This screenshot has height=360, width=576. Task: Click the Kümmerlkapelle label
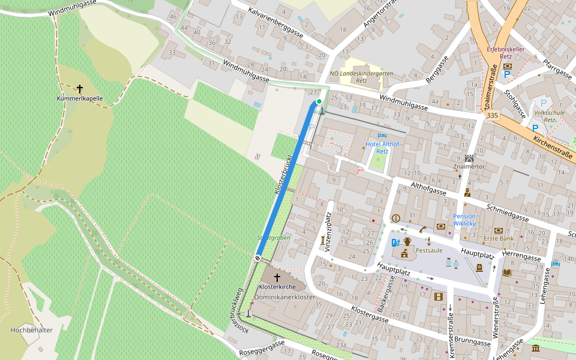tap(80, 98)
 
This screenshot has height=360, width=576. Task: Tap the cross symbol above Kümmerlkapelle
tap(80, 88)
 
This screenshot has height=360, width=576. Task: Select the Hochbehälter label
tap(32, 330)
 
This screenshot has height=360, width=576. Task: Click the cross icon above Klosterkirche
tap(277, 277)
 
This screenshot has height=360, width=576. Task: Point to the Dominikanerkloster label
tap(285, 297)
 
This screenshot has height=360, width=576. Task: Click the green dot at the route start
tap(319, 101)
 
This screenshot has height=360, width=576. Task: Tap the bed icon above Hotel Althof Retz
tap(382, 136)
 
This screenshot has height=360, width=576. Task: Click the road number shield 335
tap(493, 115)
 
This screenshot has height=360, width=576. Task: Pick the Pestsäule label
tap(429, 250)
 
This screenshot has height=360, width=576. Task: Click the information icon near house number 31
tap(395, 218)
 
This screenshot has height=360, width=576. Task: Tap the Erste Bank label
tap(499, 239)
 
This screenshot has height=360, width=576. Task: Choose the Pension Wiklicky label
tap(464, 220)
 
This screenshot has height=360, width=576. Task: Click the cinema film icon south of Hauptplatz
tap(439, 296)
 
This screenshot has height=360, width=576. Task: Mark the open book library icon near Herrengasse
tap(507, 272)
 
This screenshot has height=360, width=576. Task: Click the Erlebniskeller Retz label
tap(508, 52)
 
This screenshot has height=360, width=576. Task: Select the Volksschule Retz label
tap(549, 115)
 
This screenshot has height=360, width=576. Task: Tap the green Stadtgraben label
tap(274, 238)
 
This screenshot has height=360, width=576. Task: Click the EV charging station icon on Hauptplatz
tap(395, 242)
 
